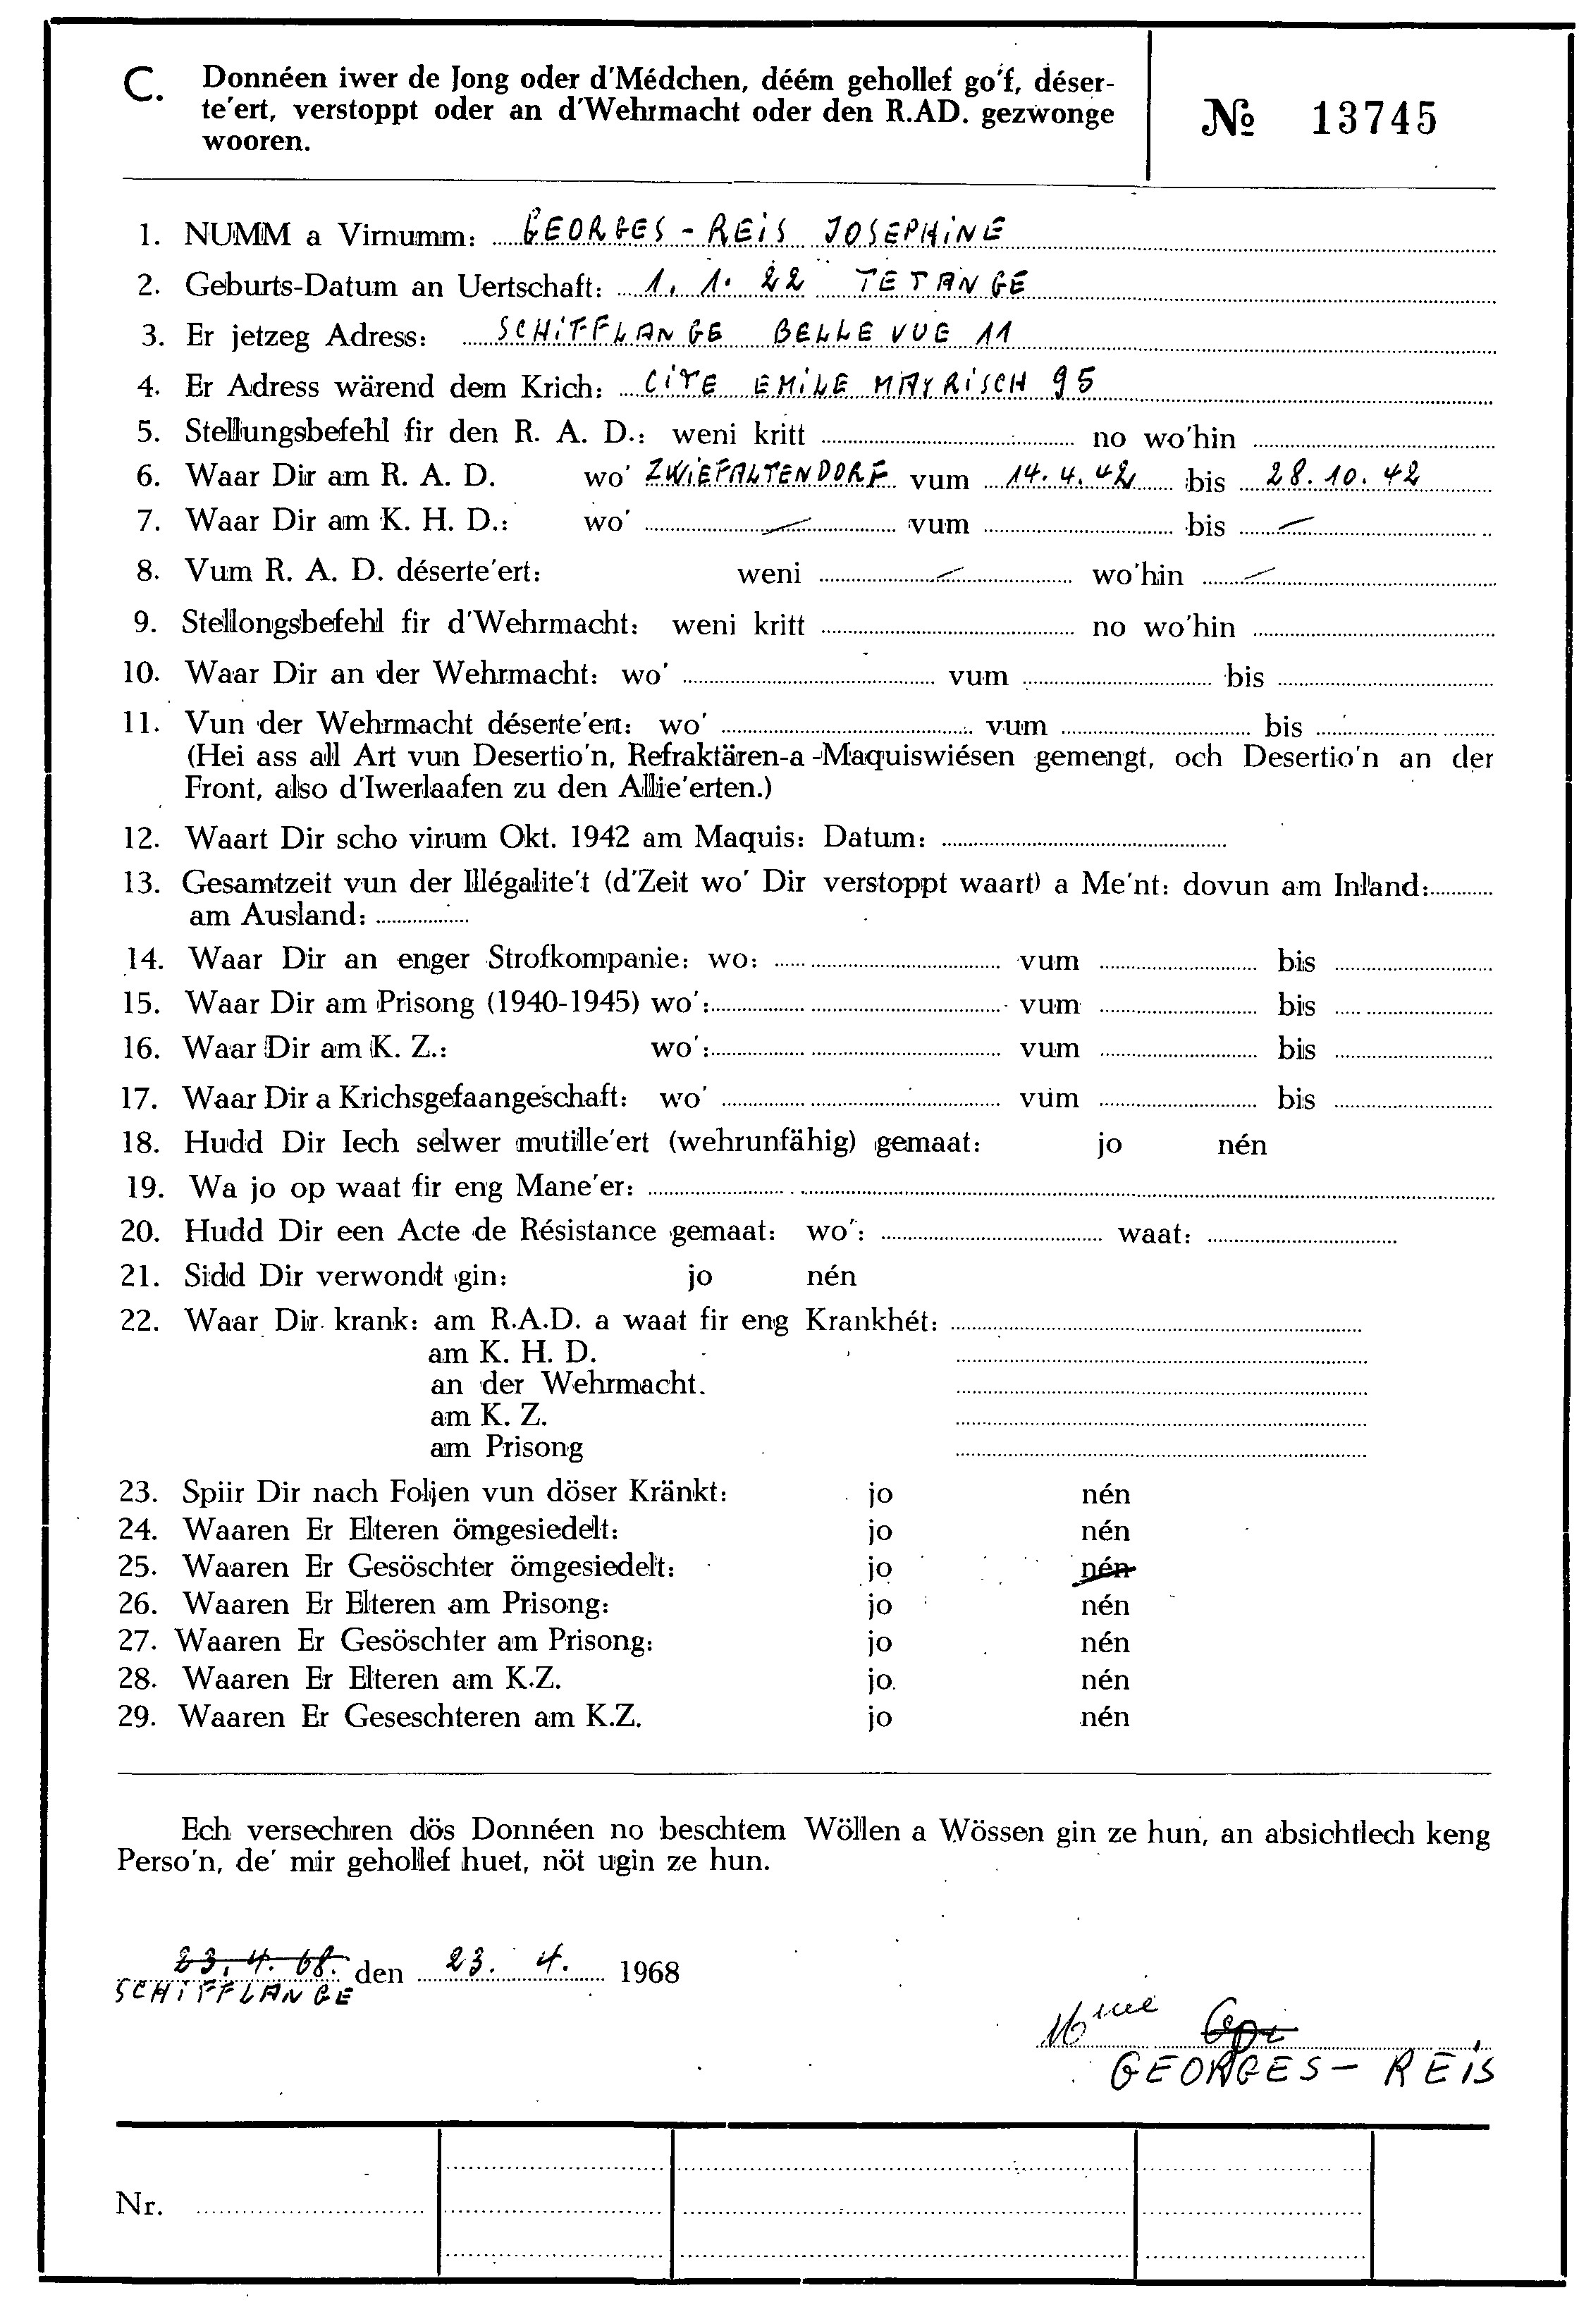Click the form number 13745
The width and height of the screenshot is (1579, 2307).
point(1374,120)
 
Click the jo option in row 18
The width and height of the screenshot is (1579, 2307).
point(1109,1143)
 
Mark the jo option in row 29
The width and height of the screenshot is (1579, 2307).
point(879,1716)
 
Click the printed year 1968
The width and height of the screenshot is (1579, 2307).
point(649,1971)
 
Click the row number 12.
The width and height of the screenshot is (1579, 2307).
point(141,839)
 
